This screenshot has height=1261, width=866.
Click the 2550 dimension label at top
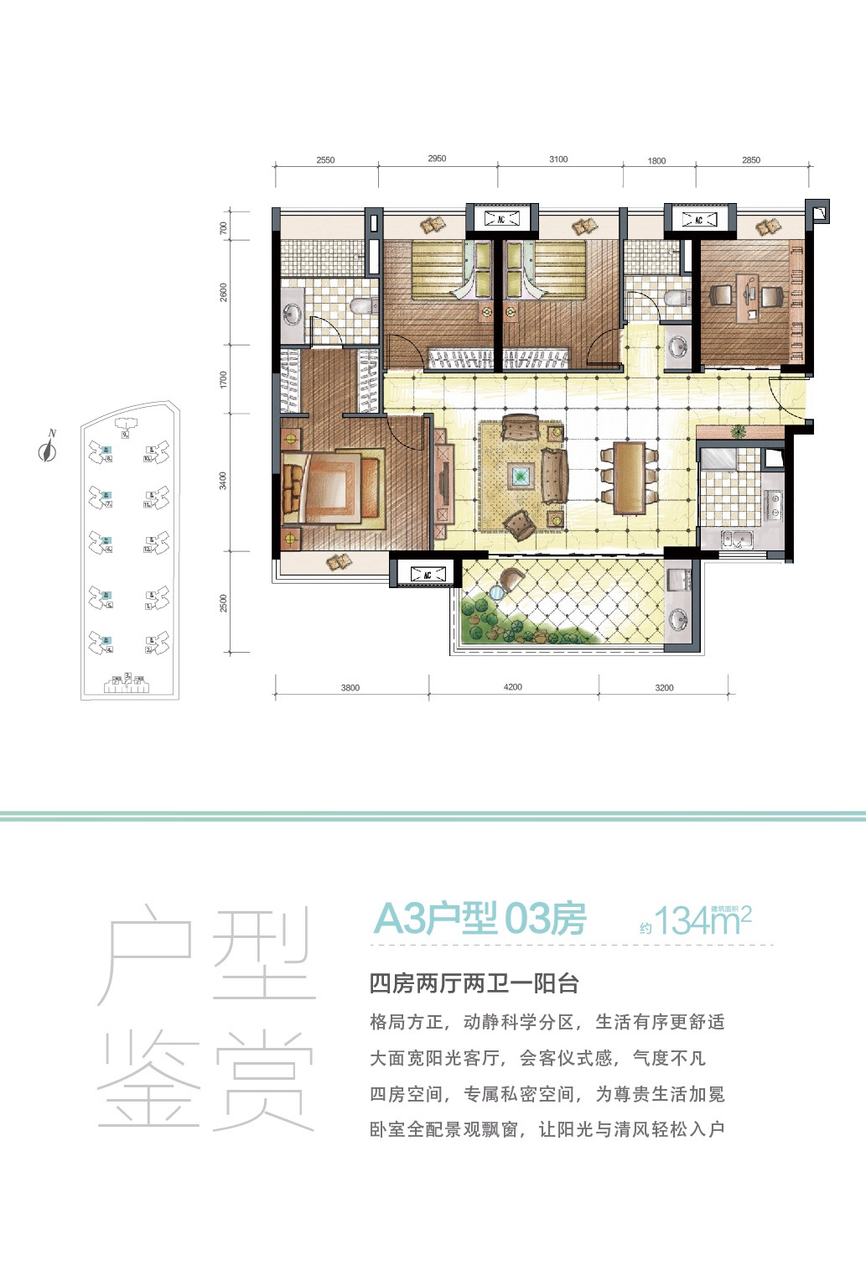(x=325, y=160)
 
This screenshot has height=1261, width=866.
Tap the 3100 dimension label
(x=558, y=159)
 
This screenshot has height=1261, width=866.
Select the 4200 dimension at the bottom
(x=512, y=687)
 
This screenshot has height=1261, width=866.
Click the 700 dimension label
(x=223, y=227)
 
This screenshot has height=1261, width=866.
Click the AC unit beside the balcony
(x=427, y=575)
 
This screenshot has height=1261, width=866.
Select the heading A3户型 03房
(x=479, y=920)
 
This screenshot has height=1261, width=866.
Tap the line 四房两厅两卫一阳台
(x=474, y=983)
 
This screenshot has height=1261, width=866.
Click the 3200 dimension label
(x=663, y=688)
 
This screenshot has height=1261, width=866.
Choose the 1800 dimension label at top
(x=656, y=160)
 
